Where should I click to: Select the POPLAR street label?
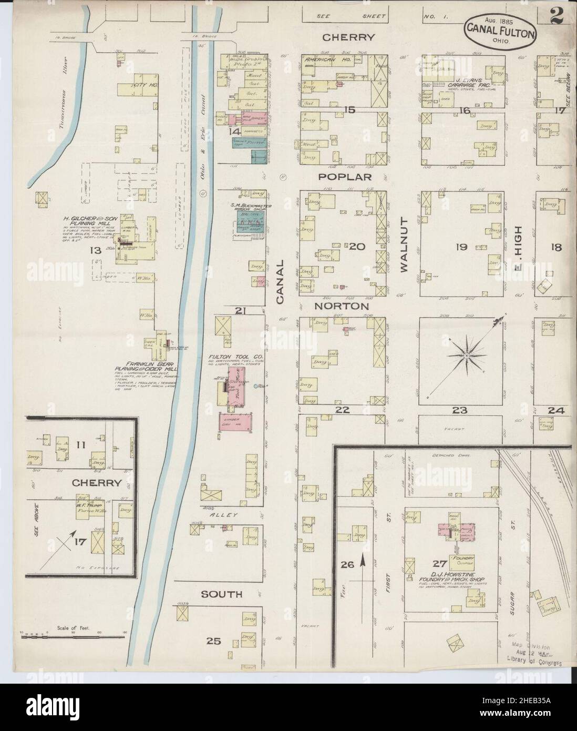[x=348, y=177]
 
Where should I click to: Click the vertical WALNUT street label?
[x=404, y=246]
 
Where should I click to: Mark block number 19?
[x=462, y=246]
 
